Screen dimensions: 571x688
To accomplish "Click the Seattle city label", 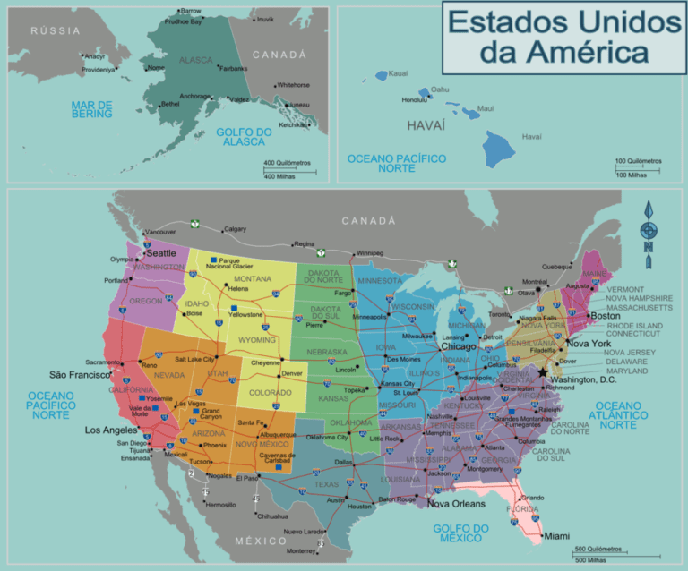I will pos(161,253).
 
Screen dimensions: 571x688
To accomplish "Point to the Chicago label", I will pos(458,346).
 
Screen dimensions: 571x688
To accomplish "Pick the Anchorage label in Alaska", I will pos(195,97).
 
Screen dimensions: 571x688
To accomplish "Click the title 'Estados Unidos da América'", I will pos(563,38).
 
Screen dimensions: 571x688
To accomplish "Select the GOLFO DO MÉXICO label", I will pos(460,533).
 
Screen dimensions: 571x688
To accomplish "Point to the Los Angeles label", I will pos(112,430).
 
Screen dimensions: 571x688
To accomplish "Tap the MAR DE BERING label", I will pos(92,109).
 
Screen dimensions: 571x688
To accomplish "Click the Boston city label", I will pos(605,316).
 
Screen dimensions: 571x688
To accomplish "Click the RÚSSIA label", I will pos(56,30).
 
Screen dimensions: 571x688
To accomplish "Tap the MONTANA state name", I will pos(253,279).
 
